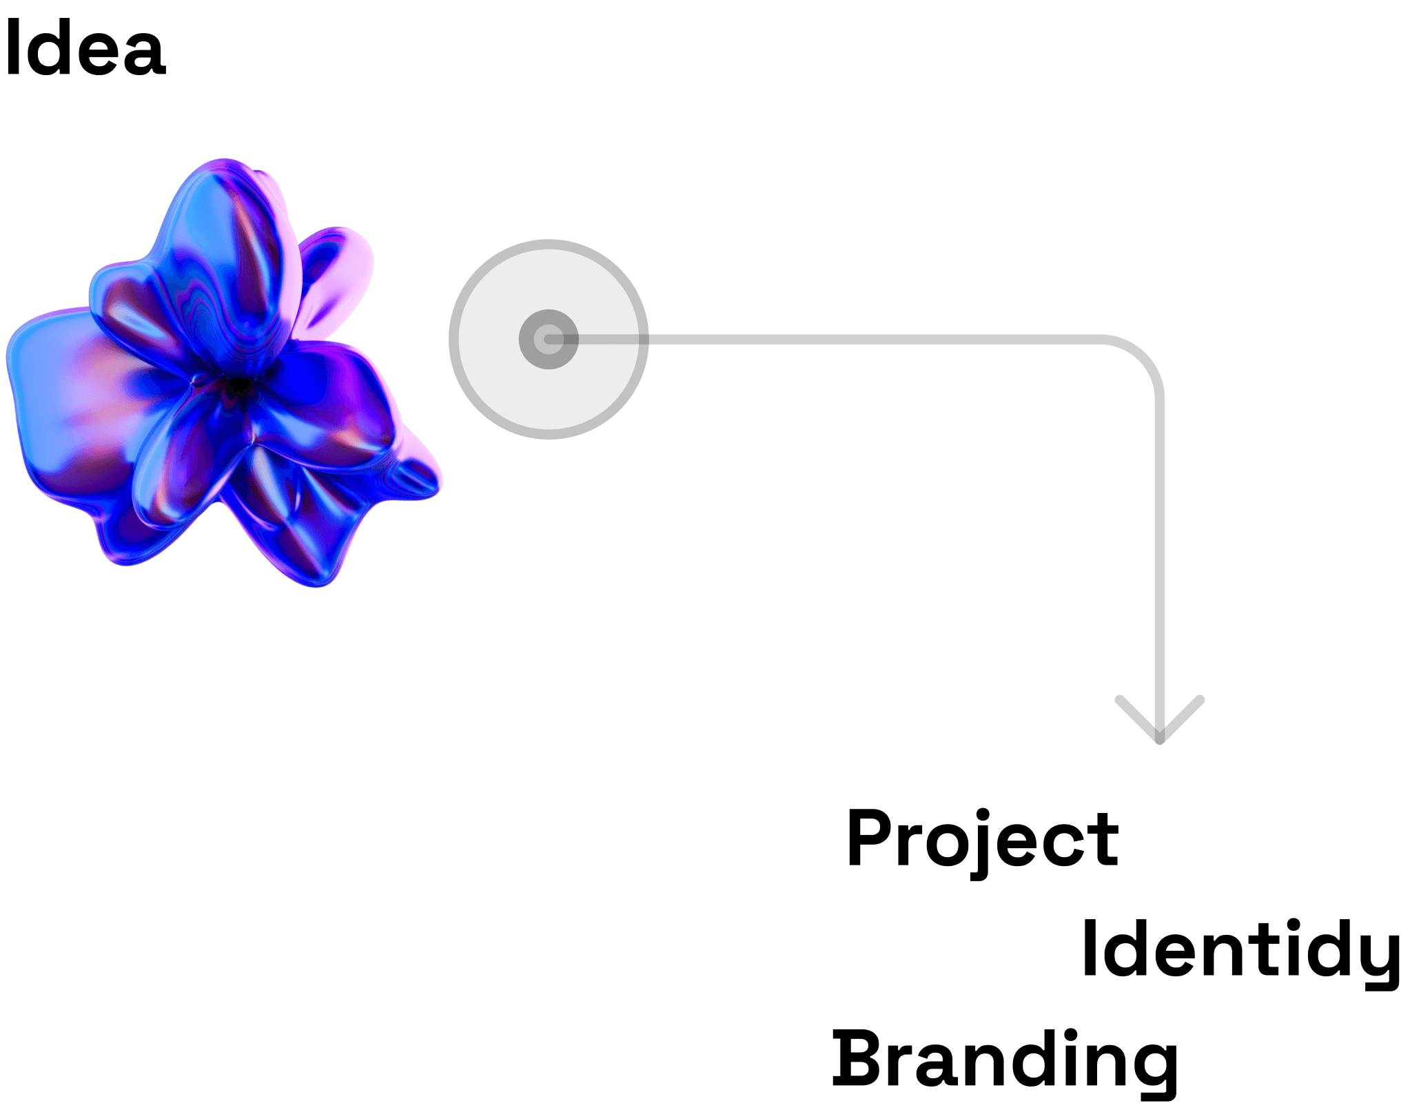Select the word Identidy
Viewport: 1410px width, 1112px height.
[1240, 951]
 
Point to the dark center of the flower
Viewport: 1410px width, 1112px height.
[238, 386]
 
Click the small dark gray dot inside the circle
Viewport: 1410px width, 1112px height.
[549, 339]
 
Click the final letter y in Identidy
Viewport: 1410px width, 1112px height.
[1382, 958]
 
